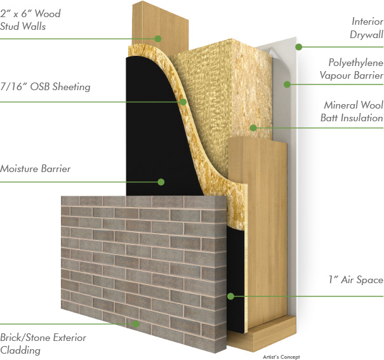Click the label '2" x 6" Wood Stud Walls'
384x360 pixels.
[x=30, y=20]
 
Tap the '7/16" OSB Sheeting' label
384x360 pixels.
[x=45, y=87]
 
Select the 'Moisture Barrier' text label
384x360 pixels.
[x=35, y=169]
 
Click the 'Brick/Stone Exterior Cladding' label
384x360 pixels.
[x=43, y=343]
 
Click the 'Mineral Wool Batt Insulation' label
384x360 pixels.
[x=353, y=111]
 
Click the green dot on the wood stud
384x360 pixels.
[x=159, y=39]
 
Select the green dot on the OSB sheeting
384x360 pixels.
[x=183, y=101]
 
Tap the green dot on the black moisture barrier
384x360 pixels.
[x=161, y=182]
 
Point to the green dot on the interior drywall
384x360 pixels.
[x=298, y=46]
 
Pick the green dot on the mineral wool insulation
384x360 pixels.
[x=253, y=128]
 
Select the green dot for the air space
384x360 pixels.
[x=231, y=296]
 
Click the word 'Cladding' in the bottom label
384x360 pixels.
[x=20, y=350]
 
